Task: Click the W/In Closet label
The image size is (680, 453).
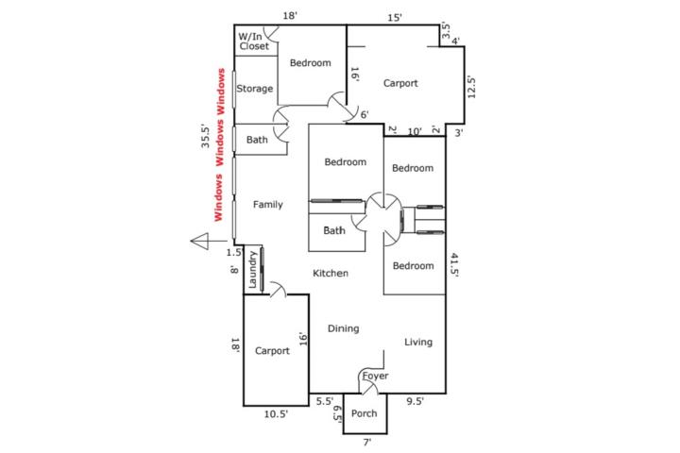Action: (x=253, y=42)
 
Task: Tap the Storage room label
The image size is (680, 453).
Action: (x=255, y=89)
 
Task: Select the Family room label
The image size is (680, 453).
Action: (x=267, y=205)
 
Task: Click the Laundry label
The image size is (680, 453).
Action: (x=252, y=270)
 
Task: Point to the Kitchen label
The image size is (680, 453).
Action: (x=331, y=273)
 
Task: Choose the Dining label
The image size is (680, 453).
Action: (x=343, y=328)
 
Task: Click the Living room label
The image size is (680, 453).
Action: (x=418, y=342)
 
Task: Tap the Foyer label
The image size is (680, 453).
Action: (x=375, y=376)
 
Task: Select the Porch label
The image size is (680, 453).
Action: (x=364, y=413)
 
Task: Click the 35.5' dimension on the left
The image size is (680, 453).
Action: (x=205, y=136)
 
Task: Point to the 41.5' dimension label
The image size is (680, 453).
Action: (x=454, y=264)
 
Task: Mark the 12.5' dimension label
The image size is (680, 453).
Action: (x=471, y=87)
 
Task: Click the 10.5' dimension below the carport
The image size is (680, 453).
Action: (x=276, y=414)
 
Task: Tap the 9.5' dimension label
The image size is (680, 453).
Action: (x=415, y=401)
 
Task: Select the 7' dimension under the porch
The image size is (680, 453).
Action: (x=366, y=443)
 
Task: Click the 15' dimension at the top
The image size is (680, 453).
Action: (x=395, y=18)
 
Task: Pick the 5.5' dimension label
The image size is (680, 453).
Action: (x=324, y=401)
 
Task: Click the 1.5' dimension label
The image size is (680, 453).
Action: (x=234, y=252)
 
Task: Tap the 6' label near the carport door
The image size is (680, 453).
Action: (x=365, y=114)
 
